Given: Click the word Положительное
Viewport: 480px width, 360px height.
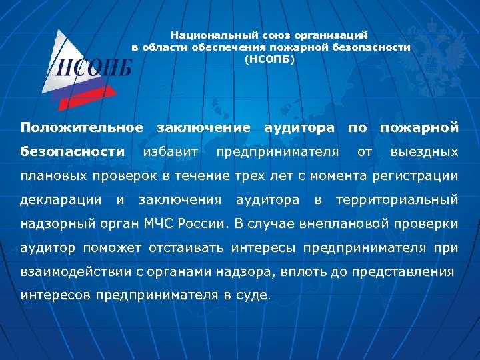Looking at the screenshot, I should (81, 127).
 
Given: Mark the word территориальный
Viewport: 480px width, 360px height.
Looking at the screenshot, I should (397, 199).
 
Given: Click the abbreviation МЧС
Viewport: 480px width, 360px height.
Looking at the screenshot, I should (182, 223).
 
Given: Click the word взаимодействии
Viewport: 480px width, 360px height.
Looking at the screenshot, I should (75, 272).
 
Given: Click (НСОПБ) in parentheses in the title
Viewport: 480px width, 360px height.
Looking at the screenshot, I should (269, 59).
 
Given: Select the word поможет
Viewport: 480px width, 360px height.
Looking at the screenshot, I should (108, 248).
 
